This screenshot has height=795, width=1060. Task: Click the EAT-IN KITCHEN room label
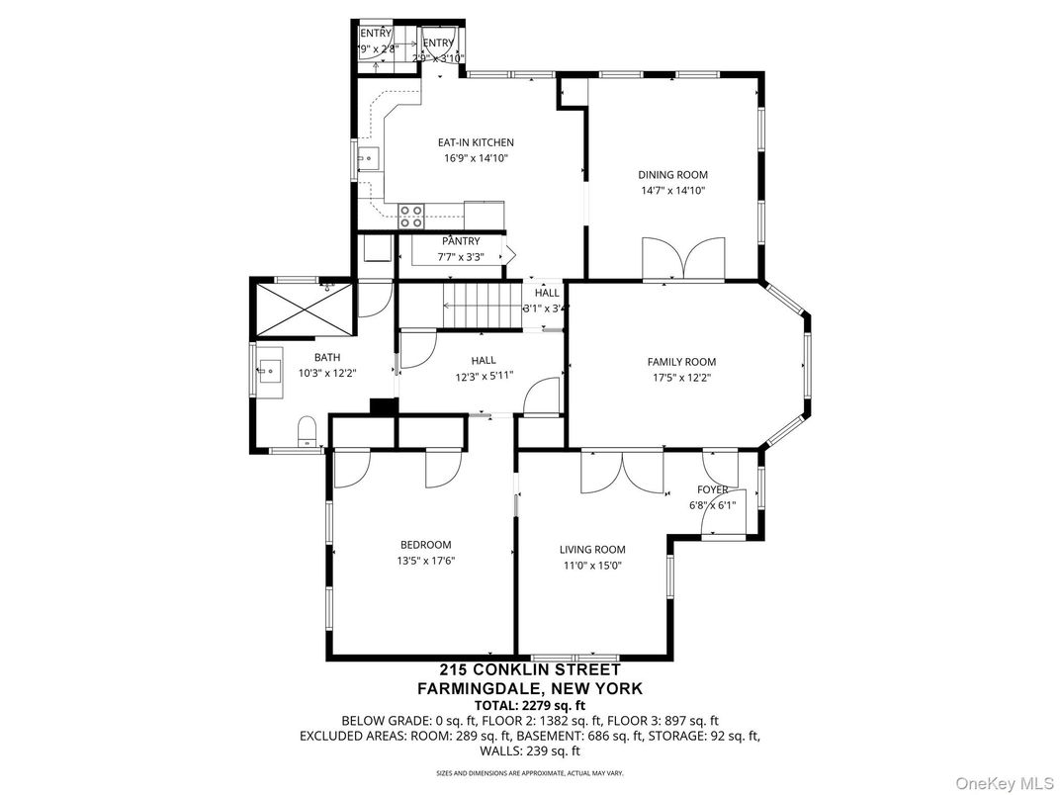476,142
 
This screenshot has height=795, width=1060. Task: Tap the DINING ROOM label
671,175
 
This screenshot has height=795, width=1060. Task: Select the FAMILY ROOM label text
681,362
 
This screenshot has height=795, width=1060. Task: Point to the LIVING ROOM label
592,550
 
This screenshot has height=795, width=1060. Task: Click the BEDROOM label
425,545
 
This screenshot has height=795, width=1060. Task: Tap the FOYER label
712,489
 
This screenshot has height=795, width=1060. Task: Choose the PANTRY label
461,241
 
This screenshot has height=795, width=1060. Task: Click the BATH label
327,358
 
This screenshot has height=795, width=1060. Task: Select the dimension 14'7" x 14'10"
671,191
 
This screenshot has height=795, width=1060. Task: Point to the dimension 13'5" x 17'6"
425,561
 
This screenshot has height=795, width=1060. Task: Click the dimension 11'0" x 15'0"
592,566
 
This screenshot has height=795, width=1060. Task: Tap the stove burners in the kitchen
411,216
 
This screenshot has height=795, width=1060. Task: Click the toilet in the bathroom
308,432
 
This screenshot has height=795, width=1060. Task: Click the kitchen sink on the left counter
367,157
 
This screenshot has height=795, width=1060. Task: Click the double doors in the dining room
676,259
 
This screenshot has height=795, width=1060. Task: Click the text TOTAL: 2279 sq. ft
529,705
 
